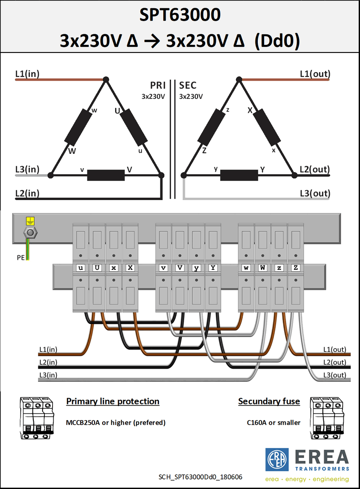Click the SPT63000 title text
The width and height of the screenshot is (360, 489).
click(180, 15)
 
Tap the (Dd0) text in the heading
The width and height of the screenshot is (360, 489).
click(277, 41)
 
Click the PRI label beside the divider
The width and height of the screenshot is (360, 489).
click(158, 85)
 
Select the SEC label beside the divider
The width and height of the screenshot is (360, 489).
click(188, 85)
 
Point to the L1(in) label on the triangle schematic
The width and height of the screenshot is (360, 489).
click(27, 74)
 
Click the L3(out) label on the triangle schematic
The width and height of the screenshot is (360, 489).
click(315, 193)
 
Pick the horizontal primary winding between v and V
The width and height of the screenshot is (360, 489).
click(106, 175)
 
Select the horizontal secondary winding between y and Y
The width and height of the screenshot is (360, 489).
click(239, 175)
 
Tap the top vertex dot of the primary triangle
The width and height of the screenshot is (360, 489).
click(106, 80)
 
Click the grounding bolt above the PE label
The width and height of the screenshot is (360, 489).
click(30, 233)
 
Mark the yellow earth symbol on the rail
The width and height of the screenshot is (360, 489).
click(30, 221)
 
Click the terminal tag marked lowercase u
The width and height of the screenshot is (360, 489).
click(80, 268)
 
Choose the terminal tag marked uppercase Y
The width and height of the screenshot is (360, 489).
click(213, 267)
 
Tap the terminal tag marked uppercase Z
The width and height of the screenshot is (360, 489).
click(296, 267)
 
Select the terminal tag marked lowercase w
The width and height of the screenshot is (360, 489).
click(246, 268)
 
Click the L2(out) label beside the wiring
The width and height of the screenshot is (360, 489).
click(334, 362)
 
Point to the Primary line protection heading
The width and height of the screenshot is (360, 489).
click(113, 401)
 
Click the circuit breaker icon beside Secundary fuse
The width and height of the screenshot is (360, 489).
click(327, 418)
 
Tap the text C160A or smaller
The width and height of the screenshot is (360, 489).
click(274, 423)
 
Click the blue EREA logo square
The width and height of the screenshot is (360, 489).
click(277, 460)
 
